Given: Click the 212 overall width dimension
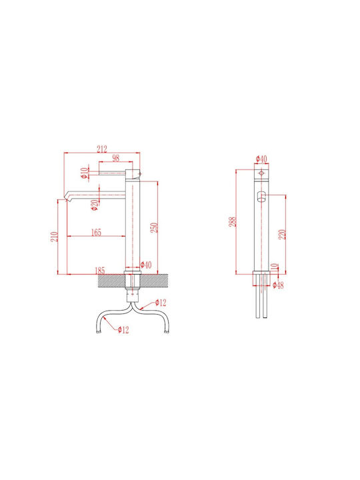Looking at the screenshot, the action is (x=102, y=149).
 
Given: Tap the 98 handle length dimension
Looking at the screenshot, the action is (x=116, y=158).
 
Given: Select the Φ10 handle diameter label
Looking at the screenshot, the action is (x=84, y=173).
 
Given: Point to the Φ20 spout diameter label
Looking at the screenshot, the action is (x=95, y=205).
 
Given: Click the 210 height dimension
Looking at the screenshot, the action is (x=55, y=237).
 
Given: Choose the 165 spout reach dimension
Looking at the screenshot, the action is (x=96, y=233).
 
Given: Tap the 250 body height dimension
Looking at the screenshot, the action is (x=154, y=227).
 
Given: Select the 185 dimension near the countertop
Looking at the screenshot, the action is (x=100, y=271).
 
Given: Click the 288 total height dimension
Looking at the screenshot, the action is (x=233, y=221).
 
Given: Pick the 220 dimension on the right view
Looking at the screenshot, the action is (x=282, y=234).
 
